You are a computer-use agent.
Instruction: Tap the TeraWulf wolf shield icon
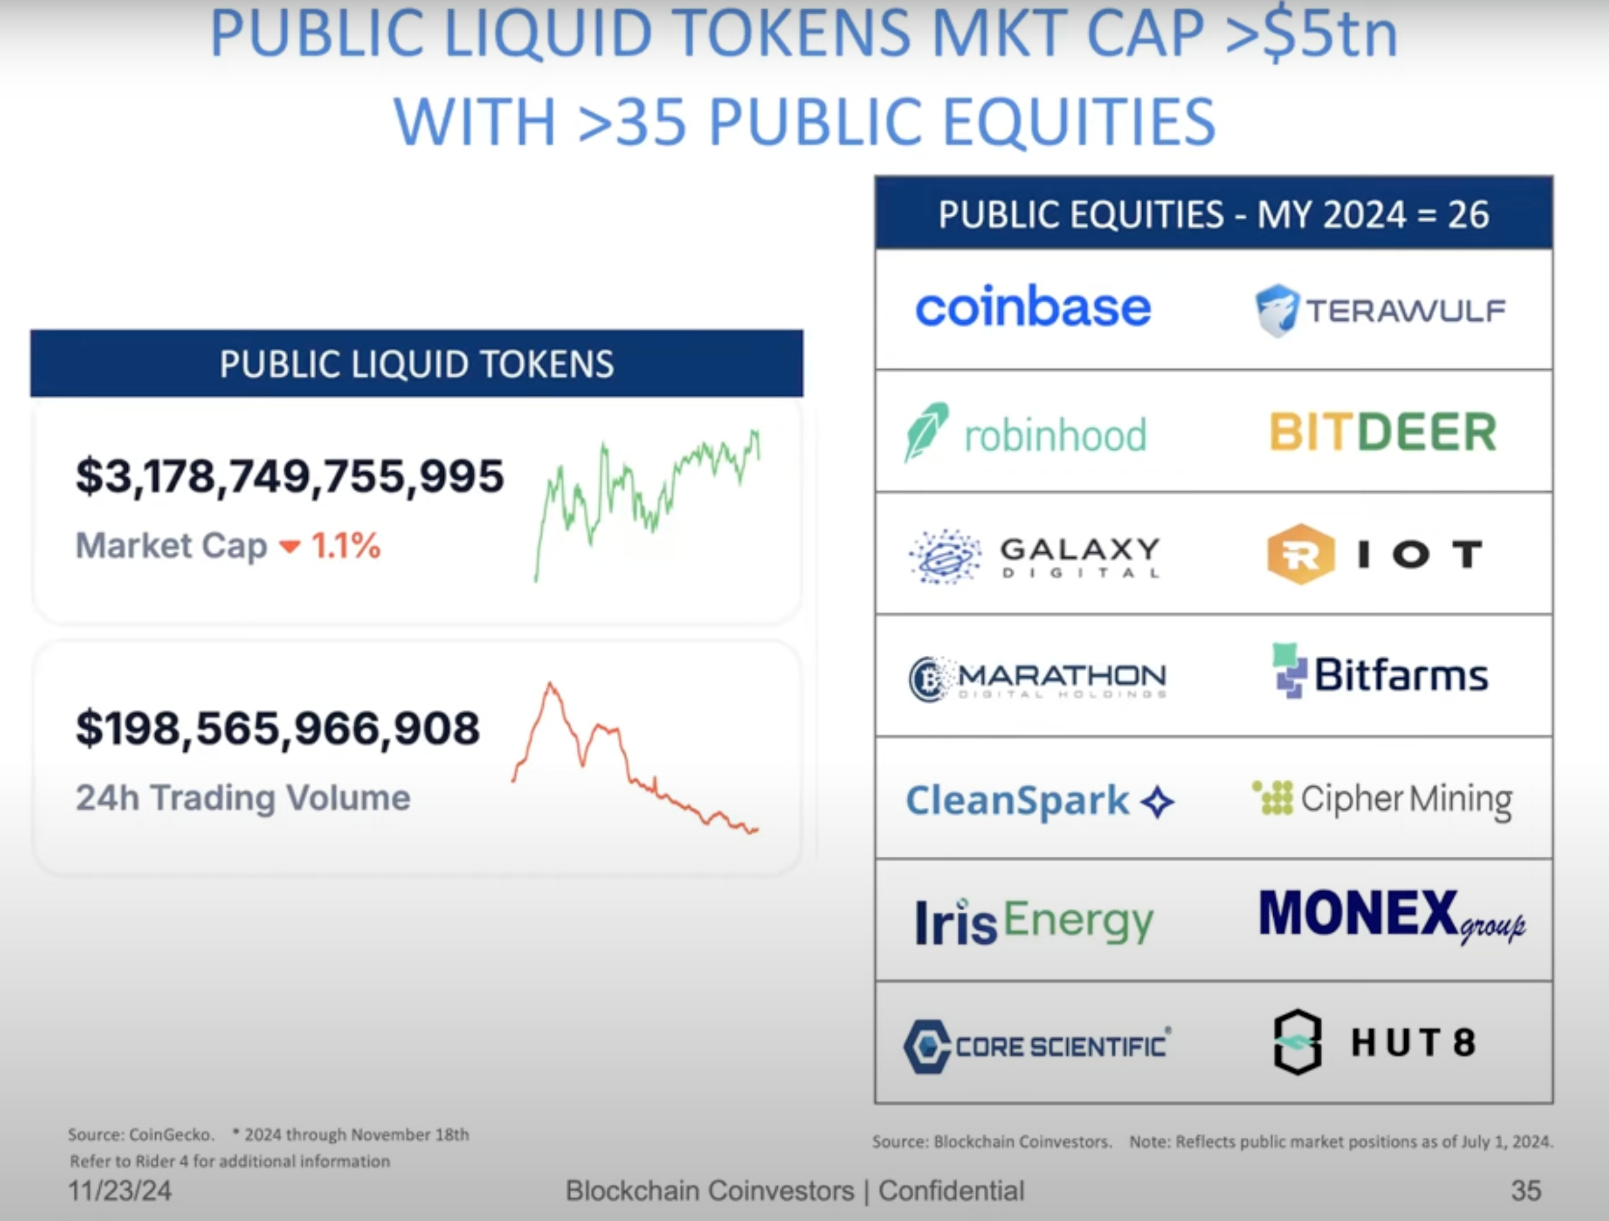click(x=1276, y=310)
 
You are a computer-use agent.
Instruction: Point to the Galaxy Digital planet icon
click(x=945, y=557)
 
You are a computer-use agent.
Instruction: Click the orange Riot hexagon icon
click(x=1300, y=554)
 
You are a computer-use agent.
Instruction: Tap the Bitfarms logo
click(x=1380, y=673)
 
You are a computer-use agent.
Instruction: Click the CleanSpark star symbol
click(x=1157, y=802)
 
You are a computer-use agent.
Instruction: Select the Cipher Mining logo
click(x=1382, y=799)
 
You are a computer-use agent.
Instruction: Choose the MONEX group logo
click(x=1390, y=916)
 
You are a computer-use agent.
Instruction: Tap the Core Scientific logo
click(x=1037, y=1046)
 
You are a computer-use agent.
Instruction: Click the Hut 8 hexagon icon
click(x=1297, y=1042)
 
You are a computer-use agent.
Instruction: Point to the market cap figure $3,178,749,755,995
click(x=289, y=477)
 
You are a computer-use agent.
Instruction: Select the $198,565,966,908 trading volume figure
click(x=278, y=728)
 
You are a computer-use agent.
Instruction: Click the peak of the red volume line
click(x=551, y=684)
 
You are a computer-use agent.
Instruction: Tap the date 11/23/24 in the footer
click(x=120, y=1191)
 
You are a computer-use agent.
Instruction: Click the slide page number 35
click(x=1525, y=1191)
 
